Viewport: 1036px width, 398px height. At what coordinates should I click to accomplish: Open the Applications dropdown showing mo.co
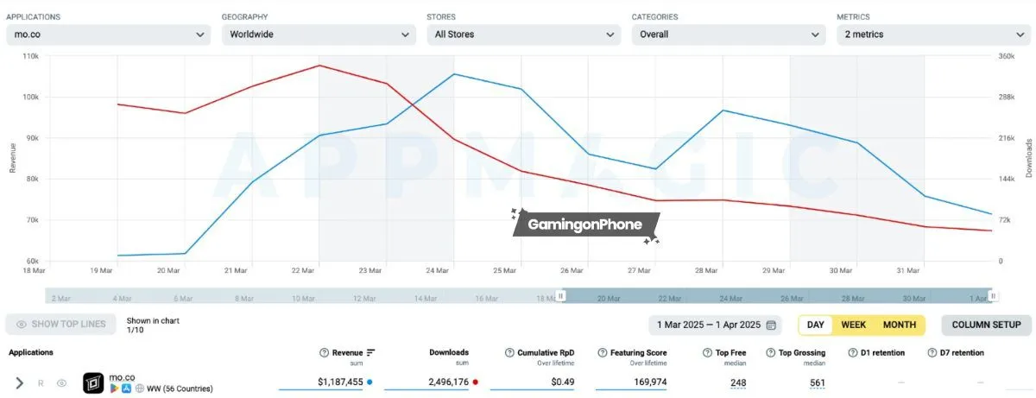click(x=108, y=35)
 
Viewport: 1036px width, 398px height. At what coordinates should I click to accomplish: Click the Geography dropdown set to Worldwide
click(x=319, y=35)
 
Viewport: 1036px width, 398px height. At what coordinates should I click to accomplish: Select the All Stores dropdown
click(x=523, y=35)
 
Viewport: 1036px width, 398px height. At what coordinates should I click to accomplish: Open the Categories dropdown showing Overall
click(x=729, y=35)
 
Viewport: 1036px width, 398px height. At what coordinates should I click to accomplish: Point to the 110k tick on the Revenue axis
click(x=29, y=56)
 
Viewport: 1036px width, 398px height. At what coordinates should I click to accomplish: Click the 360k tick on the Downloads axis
click(x=1006, y=56)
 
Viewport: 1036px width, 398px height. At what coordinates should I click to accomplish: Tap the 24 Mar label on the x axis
click(x=439, y=270)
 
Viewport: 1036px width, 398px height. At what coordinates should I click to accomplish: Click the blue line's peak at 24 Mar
click(x=454, y=74)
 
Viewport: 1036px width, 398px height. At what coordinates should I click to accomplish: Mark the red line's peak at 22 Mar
click(x=319, y=66)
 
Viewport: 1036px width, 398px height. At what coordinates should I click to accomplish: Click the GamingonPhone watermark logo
click(x=586, y=225)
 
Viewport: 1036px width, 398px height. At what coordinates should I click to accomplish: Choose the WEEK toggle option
click(x=853, y=325)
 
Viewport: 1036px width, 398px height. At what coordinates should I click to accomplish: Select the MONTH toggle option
click(x=899, y=325)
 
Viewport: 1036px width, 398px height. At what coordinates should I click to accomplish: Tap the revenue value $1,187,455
click(x=341, y=382)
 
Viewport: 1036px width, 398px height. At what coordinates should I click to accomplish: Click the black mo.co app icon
click(x=93, y=382)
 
